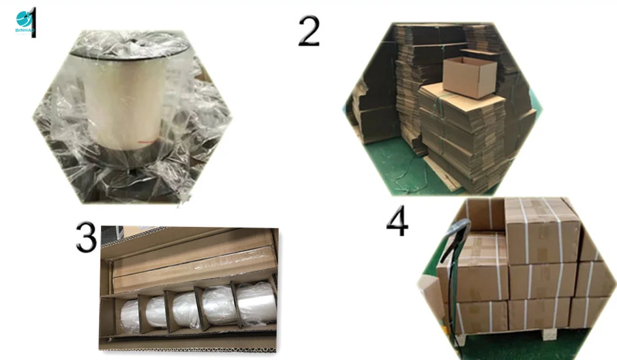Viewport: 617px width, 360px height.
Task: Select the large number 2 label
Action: point(309,31)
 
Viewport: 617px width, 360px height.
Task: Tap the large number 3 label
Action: point(87,238)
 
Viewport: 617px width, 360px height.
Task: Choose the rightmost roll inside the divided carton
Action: point(255,304)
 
